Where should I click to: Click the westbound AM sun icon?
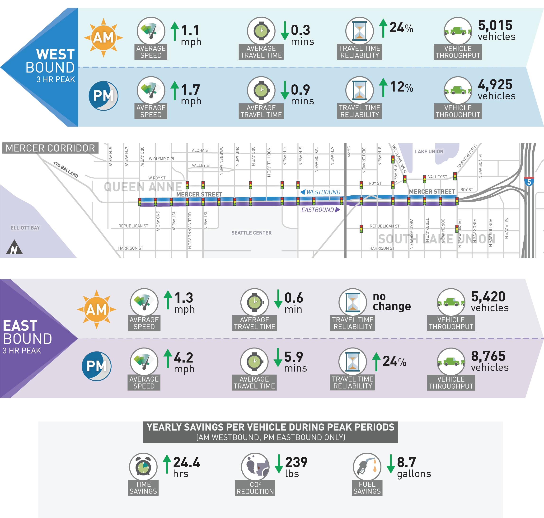click(x=103, y=38)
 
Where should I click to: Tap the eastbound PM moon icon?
click(x=97, y=366)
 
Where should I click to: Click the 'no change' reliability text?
click(x=392, y=301)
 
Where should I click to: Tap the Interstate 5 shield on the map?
click(x=529, y=181)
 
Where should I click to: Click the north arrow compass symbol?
click(x=14, y=247)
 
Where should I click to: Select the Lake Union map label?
click(x=429, y=151)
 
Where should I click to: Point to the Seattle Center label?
click(x=251, y=233)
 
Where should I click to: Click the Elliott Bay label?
click(x=25, y=228)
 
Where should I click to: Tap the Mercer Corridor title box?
click(x=50, y=148)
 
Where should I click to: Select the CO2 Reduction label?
click(x=255, y=488)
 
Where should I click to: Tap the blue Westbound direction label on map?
click(x=320, y=192)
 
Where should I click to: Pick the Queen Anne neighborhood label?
click(x=143, y=187)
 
